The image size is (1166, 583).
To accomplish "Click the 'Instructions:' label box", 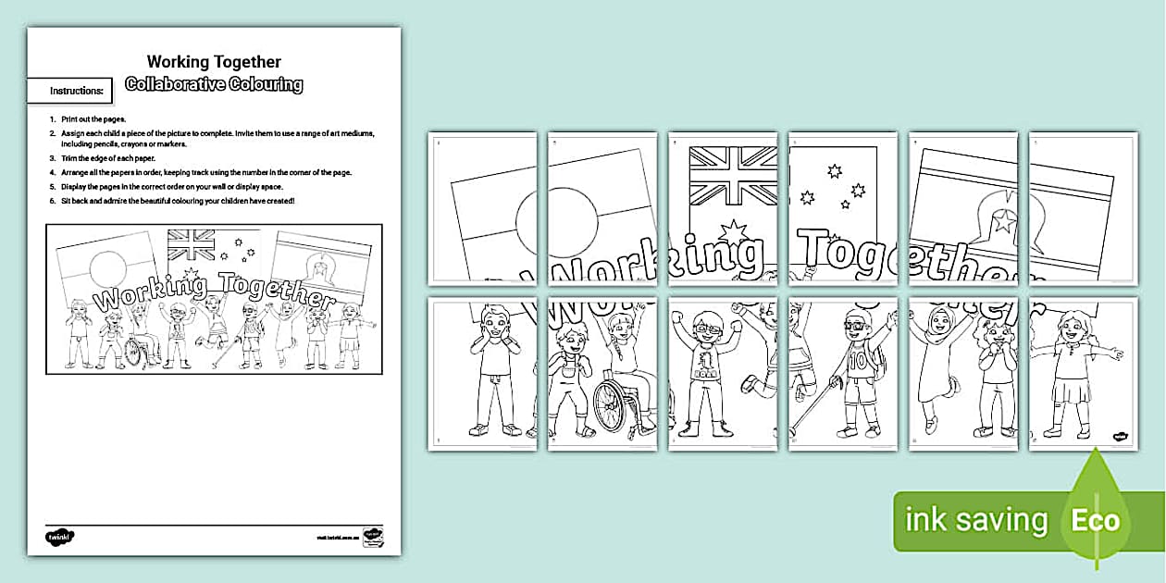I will pyautogui.click(x=77, y=91).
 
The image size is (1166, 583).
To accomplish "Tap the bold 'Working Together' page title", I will pyautogui.click(x=214, y=62).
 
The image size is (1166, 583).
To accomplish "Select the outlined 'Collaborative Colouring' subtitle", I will pyautogui.click(x=214, y=84).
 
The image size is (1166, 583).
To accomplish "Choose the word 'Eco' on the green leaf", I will pyautogui.click(x=1096, y=520).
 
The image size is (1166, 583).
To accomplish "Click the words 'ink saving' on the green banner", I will pyautogui.click(x=976, y=521).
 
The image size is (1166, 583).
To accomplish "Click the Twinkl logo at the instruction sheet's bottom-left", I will pyautogui.click(x=59, y=536).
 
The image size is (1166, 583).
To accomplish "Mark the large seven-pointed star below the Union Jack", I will pyautogui.click(x=734, y=231).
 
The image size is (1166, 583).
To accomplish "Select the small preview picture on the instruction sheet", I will pyautogui.click(x=214, y=299).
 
